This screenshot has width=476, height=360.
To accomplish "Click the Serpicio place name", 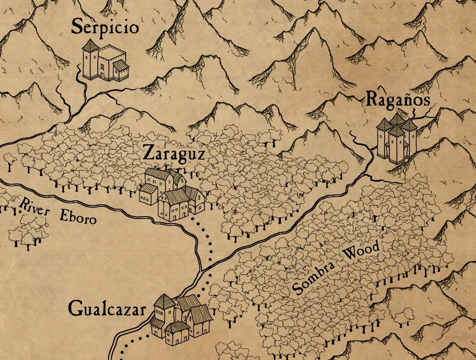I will pos(105,27).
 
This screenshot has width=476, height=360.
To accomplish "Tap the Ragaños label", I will pos(398,99).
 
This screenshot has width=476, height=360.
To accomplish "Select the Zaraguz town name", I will pos(173,153).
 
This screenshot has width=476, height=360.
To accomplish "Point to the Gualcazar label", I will pos(107,309).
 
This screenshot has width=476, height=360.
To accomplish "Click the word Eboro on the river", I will pos(78,217).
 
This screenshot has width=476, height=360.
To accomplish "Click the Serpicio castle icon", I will pos(105,60).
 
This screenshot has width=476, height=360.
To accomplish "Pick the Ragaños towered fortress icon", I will pos(396,138).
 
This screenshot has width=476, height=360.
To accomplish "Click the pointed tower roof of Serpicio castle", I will pos(90,45).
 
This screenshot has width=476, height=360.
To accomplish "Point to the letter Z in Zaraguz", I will pos(148,153).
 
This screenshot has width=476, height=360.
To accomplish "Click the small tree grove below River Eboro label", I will pos(26,232).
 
